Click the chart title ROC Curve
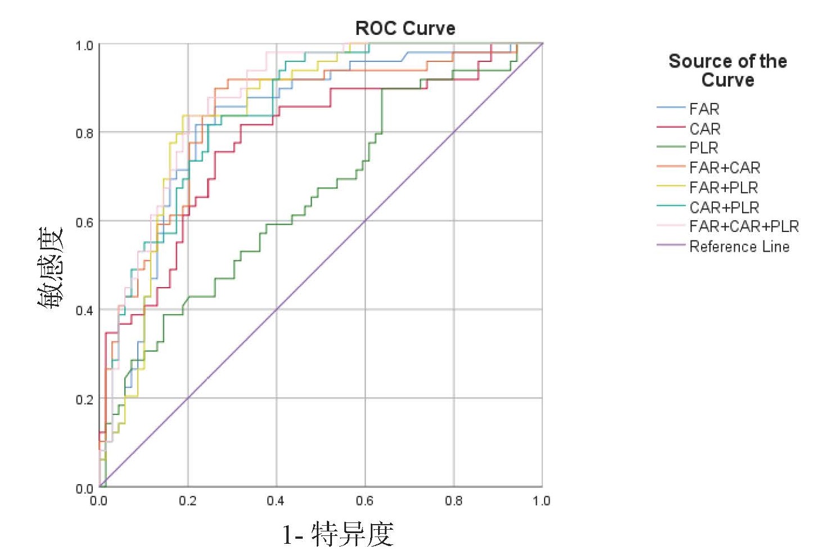[405, 28]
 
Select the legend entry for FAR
[704, 109]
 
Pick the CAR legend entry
[704, 129]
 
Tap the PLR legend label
[703, 148]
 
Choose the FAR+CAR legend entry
[724, 168]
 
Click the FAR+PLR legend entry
[723, 187]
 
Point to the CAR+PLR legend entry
[724, 207]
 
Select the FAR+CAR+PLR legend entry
[743, 226]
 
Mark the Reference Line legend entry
[739, 247]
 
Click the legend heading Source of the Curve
[727, 70]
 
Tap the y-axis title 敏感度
[51, 267]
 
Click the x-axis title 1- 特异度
[338, 534]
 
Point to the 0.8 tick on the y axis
[84, 133]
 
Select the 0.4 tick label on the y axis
[84, 311]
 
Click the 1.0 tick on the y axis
[84, 46]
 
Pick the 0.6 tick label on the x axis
[365, 500]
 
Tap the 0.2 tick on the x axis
[187, 500]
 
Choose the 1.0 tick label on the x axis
[541, 500]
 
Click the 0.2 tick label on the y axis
[84, 400]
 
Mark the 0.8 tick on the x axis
[453, 500]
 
